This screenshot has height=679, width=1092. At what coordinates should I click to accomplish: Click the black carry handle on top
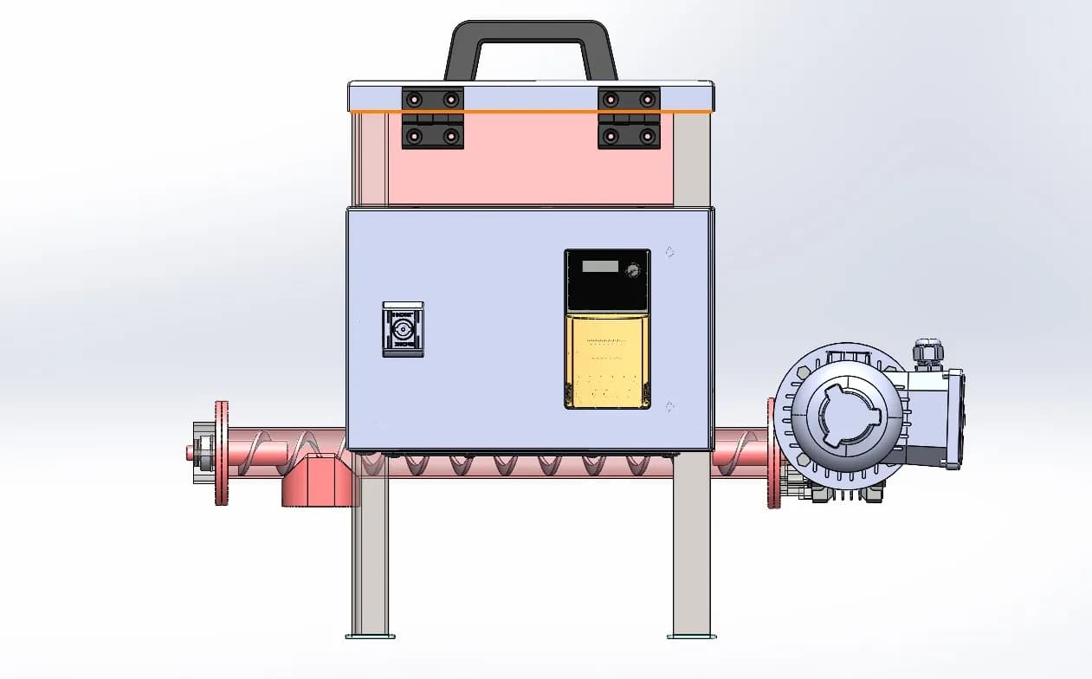pos(530,35)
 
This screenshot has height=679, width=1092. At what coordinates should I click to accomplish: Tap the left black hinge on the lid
pos(432,117)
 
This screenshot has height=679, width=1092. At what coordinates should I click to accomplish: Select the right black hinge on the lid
pos(629,117)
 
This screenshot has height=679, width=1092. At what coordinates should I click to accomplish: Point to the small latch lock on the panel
pos(404,329)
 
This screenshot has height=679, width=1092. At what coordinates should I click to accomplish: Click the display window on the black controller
pos(600,267)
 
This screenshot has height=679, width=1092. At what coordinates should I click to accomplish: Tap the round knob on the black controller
pos(633,270)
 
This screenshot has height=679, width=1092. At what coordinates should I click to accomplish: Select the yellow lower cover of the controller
pos(607,360)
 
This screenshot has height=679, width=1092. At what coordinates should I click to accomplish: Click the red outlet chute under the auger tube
pos(318,482)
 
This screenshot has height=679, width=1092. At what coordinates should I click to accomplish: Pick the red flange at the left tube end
pos(222,453)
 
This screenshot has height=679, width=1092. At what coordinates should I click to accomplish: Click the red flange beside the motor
pos(772,453)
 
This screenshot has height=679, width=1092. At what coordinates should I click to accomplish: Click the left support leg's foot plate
pos(371,637)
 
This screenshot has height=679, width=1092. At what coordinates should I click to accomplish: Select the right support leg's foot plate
pos(691,637)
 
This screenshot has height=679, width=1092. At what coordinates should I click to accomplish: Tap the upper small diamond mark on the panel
pos(669,252)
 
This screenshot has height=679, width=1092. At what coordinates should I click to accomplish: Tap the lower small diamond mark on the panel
pos(669,406)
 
